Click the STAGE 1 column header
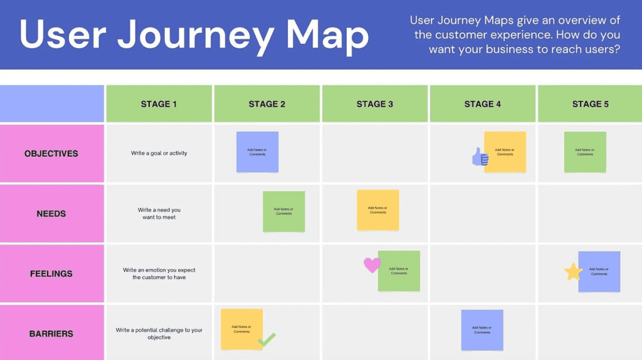(x=159, y=104)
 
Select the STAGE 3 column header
(x=375, y=104)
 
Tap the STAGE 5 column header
(x=590, y=104)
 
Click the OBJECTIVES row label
(x=51, y=154)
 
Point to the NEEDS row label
(x=51, y=214)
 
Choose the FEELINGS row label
(x=51, y=274)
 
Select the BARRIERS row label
(x=51, y=334)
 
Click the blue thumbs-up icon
(x=480, y=157)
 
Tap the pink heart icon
(x=372, y=265)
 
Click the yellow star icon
(x=573, y=272)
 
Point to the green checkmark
(x=267, y=340)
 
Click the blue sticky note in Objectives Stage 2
(x=257, y=152)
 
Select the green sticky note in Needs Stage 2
(x=283, y=211)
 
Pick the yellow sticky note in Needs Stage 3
(x=378, y=210)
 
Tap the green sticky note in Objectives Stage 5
(x=585, y=152)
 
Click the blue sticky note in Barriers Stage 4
(x=482, y=330)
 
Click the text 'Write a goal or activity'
(x=159, y=154)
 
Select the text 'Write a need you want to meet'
(x=159, y=214)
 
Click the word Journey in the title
(x=194, y=36)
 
